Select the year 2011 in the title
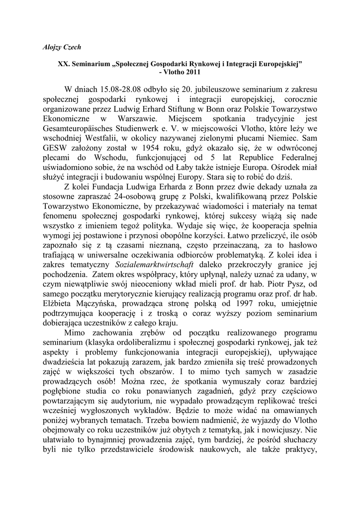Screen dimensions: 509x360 coord(190,72)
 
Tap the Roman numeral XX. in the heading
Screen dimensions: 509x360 coord(65,64)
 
